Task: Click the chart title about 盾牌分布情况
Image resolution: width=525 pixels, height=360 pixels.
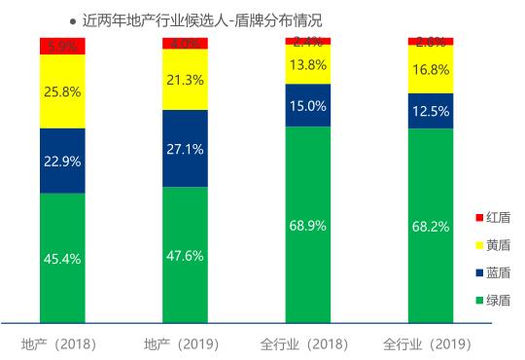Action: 202,19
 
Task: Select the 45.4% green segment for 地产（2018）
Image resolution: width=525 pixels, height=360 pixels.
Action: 62,258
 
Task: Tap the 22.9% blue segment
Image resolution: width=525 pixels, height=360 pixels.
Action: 62,161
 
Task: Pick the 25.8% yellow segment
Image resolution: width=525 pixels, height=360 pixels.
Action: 62,91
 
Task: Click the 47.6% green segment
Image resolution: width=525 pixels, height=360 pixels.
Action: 185,255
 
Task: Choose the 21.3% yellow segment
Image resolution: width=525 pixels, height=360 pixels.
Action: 185,80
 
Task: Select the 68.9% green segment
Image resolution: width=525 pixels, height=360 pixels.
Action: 307,225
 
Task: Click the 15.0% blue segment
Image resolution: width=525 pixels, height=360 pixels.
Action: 307,105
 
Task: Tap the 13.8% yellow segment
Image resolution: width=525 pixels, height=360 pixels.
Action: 307,64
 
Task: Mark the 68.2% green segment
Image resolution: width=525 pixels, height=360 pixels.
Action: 431,226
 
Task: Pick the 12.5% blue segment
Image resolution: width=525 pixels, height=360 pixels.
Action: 431,111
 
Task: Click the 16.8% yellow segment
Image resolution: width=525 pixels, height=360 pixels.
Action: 431,70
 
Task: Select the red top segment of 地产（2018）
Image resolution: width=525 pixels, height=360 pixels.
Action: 62,46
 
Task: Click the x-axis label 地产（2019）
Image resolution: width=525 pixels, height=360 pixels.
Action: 181,344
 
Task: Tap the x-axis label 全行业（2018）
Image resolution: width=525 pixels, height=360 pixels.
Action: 304,344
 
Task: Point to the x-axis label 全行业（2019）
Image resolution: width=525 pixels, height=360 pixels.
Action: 428,344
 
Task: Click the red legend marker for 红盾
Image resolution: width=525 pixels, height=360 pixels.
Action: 479,217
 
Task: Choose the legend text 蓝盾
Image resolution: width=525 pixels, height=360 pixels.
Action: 499,272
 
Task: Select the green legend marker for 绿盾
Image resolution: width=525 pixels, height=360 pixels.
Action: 479,301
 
